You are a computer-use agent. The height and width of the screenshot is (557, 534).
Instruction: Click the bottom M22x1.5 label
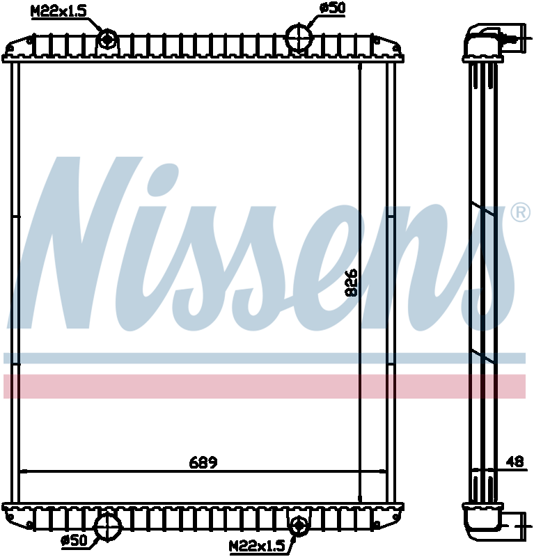pos(257,546)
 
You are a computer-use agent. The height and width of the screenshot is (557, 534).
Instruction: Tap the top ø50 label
pos(332,8)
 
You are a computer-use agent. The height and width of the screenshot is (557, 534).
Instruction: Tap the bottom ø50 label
pos(74,540)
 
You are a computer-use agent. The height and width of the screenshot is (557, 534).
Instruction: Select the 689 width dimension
pos(203,462)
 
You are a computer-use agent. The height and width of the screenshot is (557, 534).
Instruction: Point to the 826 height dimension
pos(352,283)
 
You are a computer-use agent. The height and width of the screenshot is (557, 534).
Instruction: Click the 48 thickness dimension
pos(515,462)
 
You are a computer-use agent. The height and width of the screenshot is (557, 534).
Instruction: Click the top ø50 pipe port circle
pos(299,37)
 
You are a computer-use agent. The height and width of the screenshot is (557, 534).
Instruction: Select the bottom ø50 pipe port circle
pos(108,526)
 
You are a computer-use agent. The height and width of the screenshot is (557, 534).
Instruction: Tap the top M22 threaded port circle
pos(108,39)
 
